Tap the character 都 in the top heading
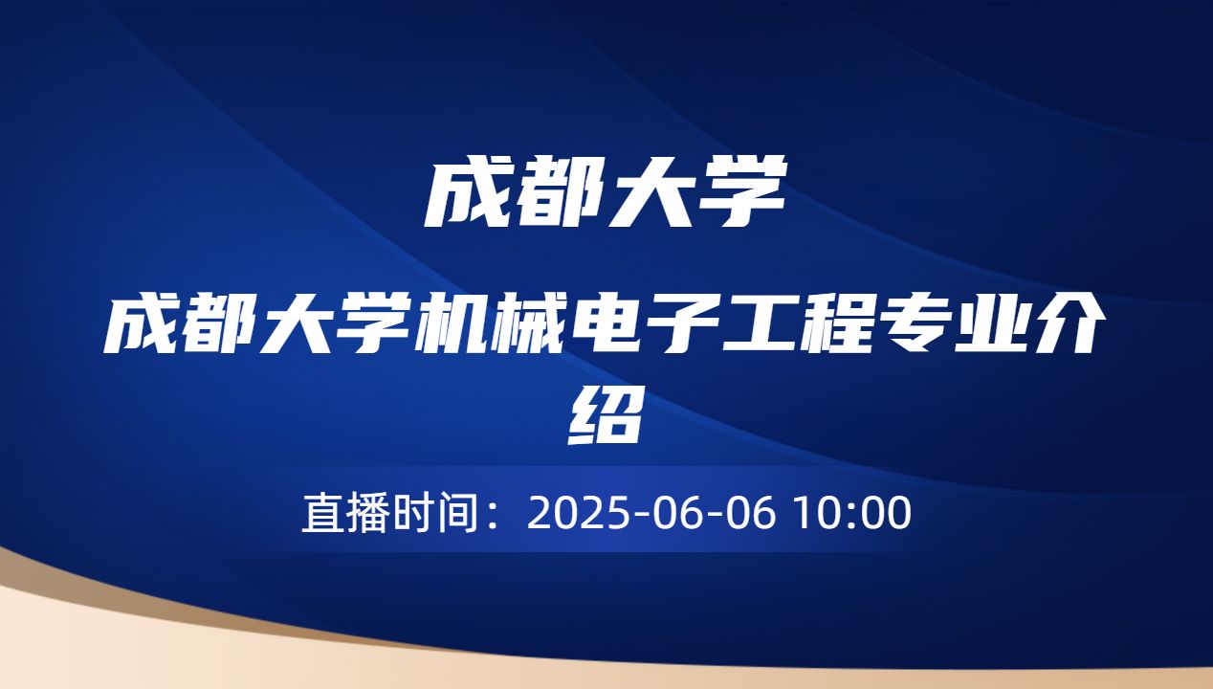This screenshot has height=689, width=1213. coord(564,193)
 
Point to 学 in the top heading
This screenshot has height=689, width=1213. coord(746,193)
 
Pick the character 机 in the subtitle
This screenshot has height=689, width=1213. coord(464,327)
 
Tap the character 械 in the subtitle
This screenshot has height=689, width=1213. coord(544,327)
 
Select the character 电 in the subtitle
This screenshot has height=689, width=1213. coord(624,327)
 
